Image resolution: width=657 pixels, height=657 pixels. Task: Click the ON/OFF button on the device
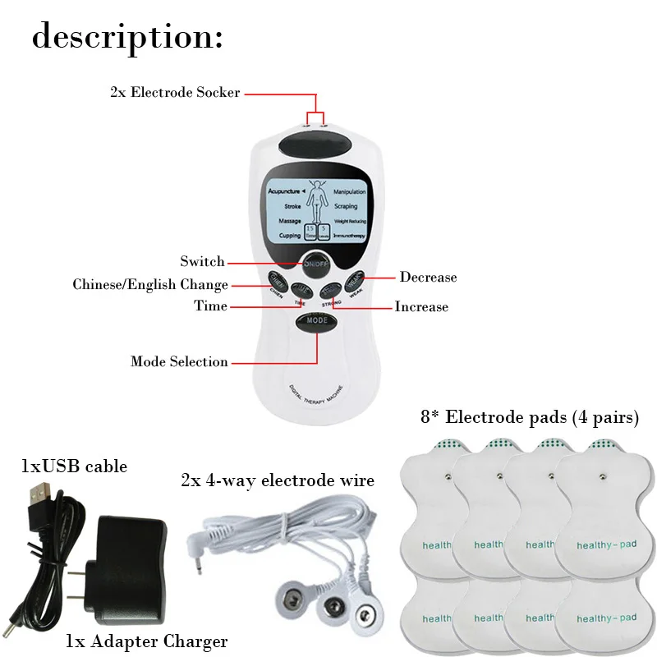316,264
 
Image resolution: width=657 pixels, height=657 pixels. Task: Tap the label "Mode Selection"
179,361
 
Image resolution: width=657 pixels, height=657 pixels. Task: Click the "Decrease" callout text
428,278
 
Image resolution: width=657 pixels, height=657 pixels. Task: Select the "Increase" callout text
421,307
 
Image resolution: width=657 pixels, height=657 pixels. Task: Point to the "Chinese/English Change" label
150,285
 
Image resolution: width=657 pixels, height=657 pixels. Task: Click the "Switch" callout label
202,262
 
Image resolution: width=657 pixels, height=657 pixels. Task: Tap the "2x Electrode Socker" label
175,93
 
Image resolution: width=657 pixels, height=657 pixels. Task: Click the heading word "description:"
127,38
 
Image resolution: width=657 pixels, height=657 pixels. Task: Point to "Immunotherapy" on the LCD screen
349,236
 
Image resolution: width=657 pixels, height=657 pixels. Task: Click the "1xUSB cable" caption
74,467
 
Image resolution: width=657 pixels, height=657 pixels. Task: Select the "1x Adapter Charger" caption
146,641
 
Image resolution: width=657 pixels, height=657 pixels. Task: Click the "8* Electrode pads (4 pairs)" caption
530,418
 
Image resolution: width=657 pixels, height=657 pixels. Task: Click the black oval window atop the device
316,149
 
